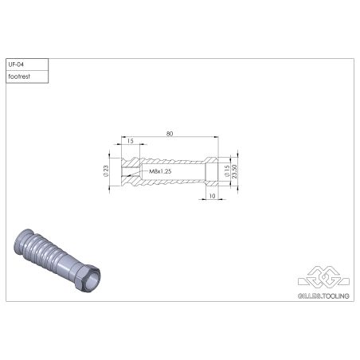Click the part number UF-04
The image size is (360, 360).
16,64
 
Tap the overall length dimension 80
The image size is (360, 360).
170,134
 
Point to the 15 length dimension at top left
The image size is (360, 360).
129,142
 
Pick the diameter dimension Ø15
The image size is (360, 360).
227,170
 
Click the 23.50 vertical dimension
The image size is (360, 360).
235,170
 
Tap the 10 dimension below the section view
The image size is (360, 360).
212,194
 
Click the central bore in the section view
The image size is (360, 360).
171,170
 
